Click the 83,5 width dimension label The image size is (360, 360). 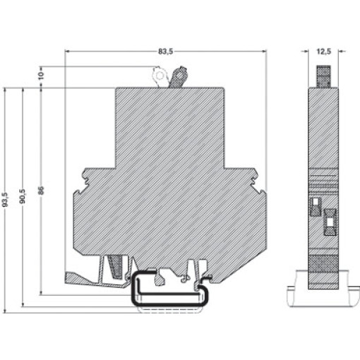click(165, 52)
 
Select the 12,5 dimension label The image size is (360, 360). click(323, 52)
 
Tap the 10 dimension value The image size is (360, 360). click(41, 76)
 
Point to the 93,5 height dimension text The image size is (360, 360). click(5, 200)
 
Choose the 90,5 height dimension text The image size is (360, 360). click(23, 196)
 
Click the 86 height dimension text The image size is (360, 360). click(41, 190)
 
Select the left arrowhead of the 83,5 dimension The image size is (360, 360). click(67, 51)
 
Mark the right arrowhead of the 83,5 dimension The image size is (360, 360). click(265, 51)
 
